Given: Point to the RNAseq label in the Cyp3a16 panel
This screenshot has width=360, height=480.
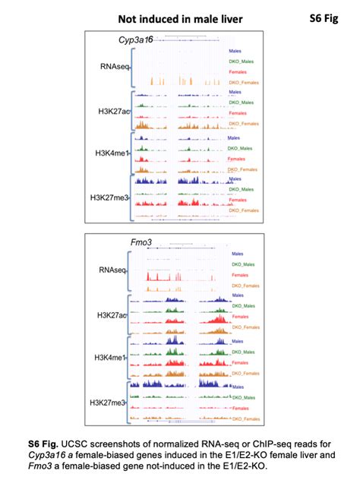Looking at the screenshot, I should (113, 66).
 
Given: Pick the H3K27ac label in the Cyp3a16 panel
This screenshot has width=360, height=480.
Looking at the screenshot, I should (113, 112).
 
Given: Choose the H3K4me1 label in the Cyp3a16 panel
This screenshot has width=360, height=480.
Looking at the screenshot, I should (112, 154).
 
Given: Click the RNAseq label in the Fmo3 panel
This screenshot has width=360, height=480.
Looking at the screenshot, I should (112, 269).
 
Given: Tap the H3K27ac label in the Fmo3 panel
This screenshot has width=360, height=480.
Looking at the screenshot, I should (111, 314).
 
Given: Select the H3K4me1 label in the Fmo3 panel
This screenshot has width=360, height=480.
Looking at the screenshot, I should (111, 357).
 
